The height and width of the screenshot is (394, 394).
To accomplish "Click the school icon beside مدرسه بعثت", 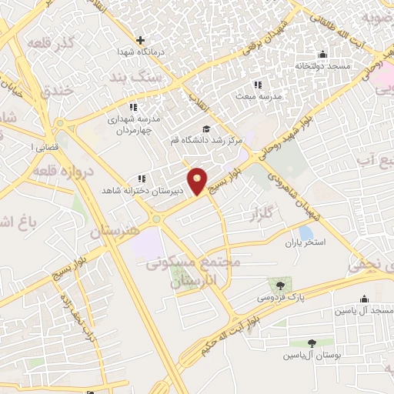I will click(x=257, y=85).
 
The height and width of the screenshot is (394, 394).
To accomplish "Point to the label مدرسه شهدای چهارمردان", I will click(x=132, y=125).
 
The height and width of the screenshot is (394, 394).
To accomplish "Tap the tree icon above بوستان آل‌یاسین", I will click(x=312, y=343).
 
